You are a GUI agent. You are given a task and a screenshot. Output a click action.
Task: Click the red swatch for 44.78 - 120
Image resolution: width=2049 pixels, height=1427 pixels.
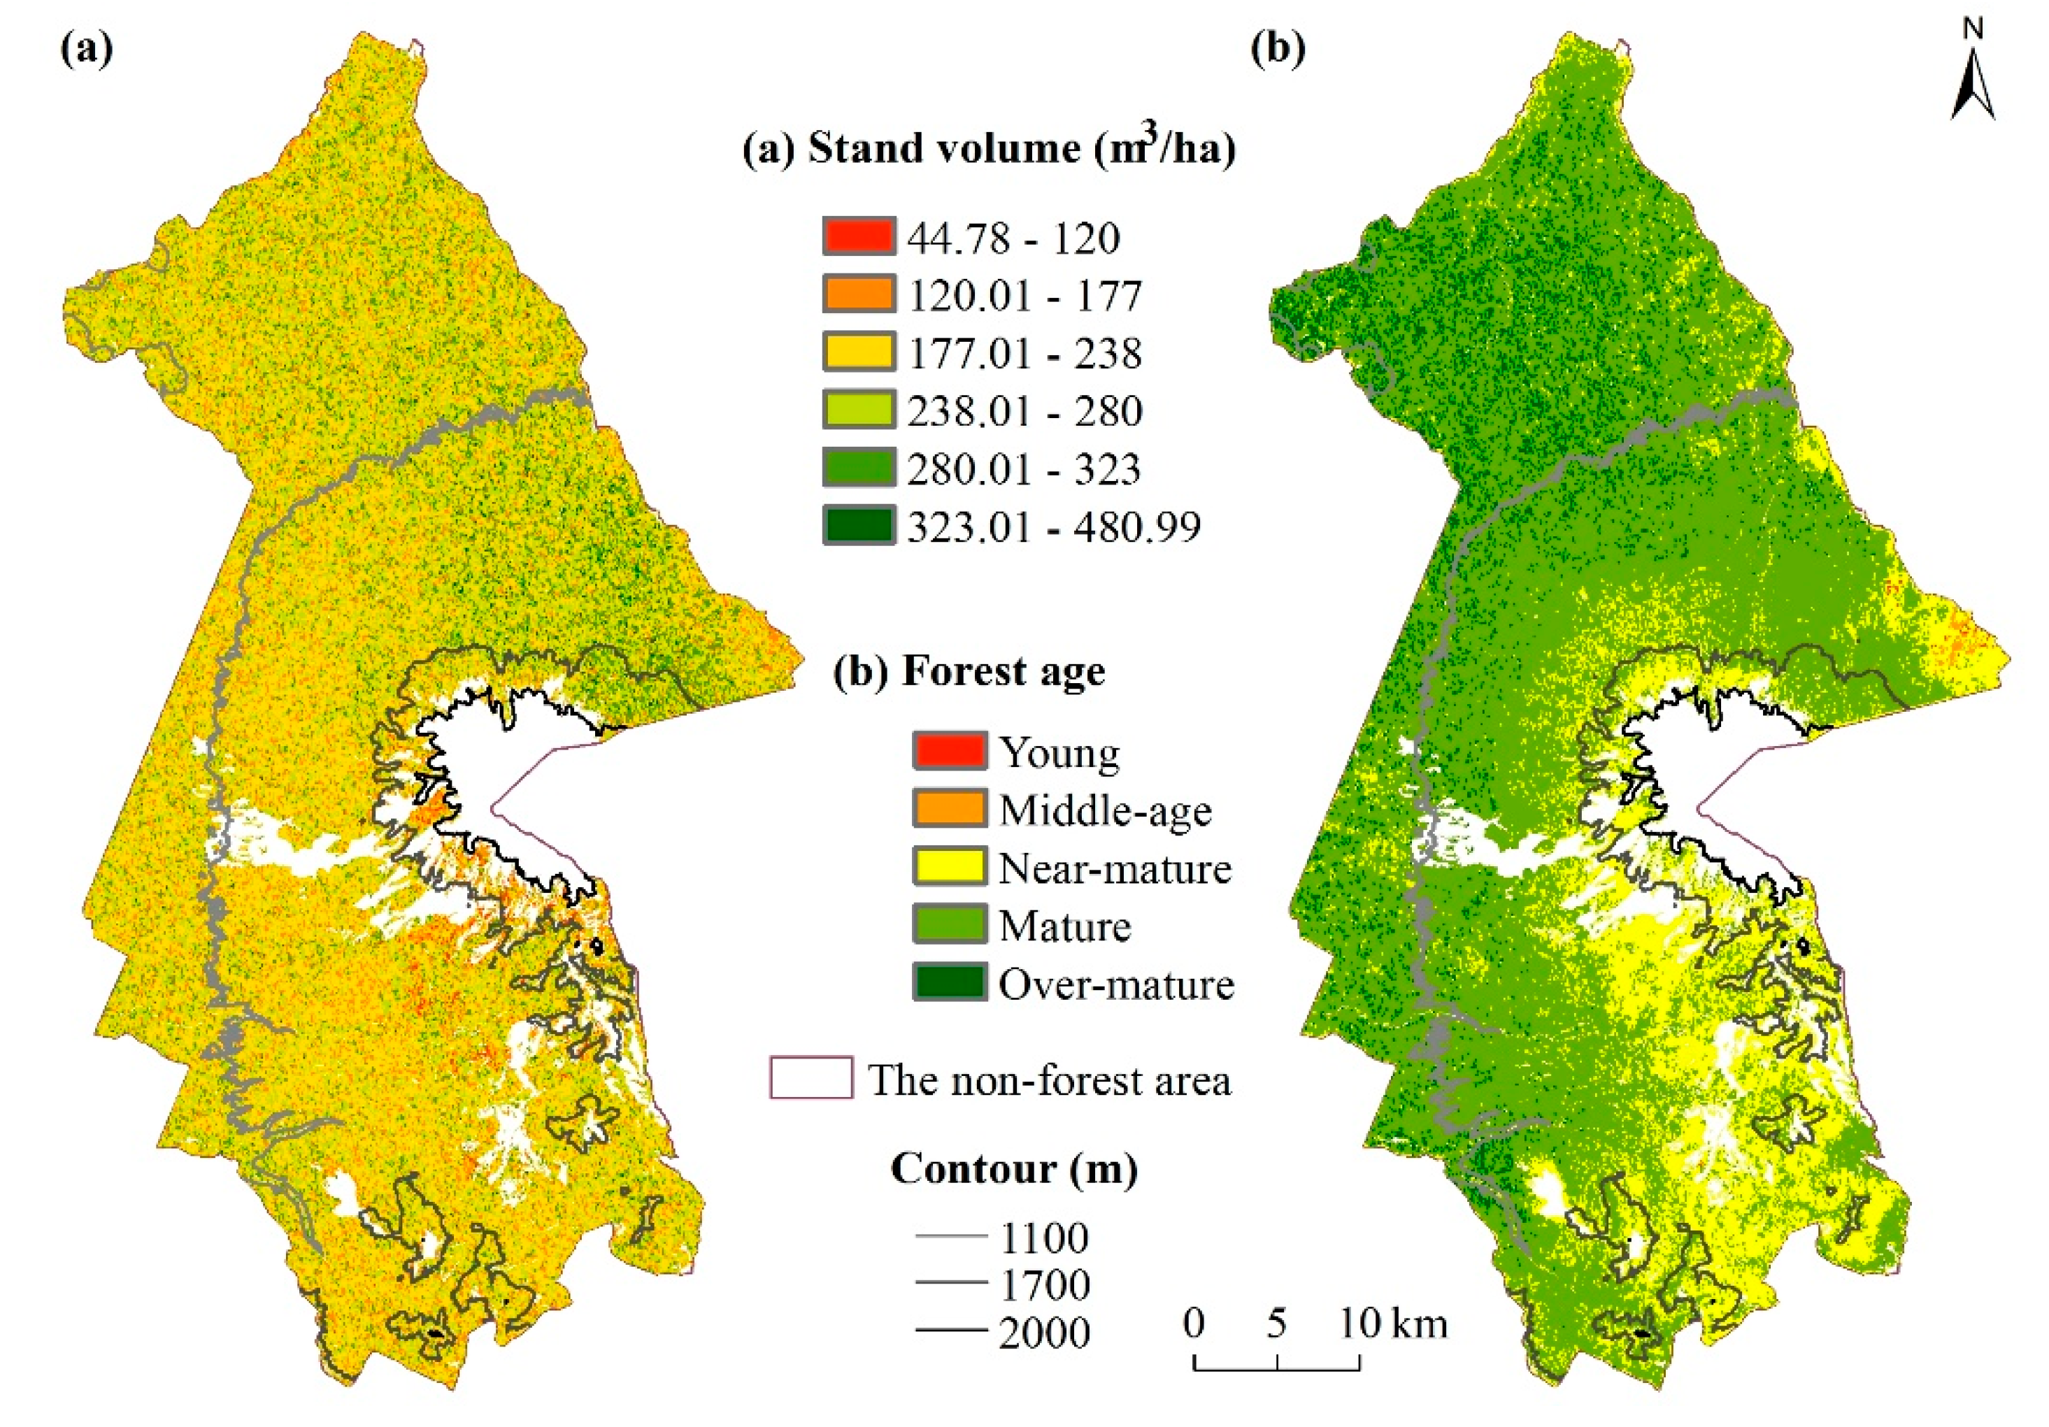click(857, 236)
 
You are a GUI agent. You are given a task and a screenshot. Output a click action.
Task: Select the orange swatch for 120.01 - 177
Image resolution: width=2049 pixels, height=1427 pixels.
click(857, 294)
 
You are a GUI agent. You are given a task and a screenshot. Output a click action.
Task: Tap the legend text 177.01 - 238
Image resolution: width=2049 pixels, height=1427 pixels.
click(1024, 353)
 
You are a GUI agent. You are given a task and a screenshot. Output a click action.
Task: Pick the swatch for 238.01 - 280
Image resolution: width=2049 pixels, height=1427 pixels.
click(857, 410)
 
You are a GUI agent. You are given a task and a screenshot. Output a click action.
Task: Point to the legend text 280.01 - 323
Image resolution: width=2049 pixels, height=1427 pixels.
click(1024, 469)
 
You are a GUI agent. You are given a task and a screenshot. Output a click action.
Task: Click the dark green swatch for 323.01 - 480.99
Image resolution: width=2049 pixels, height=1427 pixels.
click(857, 526)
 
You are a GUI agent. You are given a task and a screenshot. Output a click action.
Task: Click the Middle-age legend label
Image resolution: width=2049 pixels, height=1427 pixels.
click(1105, 810)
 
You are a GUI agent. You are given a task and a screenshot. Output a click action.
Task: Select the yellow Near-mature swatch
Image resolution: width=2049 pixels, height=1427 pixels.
click(949, 868)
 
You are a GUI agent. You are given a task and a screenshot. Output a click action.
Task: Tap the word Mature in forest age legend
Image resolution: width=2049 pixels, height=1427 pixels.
click(1064, 926)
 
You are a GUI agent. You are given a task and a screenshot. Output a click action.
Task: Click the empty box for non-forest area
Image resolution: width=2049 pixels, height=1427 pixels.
click(811, 1077)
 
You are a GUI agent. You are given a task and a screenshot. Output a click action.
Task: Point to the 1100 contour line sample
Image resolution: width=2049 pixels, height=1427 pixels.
click(950, 1237)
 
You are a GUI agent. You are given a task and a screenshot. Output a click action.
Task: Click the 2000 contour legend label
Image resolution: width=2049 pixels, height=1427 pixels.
click(1044, 1333)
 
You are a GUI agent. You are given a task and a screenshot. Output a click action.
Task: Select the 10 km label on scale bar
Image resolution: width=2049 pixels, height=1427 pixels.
click(1393, 1323)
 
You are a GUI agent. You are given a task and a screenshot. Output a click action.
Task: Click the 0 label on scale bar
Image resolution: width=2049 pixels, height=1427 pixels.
click(1194, 1323)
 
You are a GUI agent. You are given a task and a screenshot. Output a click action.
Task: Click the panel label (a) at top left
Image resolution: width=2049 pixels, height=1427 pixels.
click(87, 50)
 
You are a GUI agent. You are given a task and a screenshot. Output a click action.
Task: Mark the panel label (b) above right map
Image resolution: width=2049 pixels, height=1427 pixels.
click(1278, 50)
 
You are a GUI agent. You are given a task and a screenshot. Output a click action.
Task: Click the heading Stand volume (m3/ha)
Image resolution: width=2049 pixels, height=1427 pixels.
click(989, 148)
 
